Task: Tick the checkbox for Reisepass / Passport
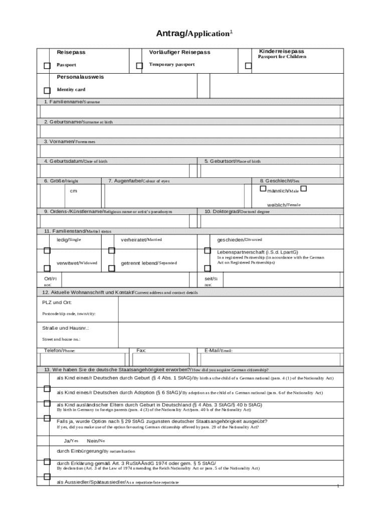tap(47, 66)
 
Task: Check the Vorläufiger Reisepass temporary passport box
tap(139, 66)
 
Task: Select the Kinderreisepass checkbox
tap(248, 66)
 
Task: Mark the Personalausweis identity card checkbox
tap(47, 91)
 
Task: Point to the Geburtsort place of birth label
tap(232, 161)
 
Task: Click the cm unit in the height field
tap(73, 191)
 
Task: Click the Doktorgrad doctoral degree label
tap(237, 211)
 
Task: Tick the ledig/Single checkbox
tap(47, 250)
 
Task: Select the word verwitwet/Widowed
tap(77, 263)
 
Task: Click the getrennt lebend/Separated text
tap(148, 263)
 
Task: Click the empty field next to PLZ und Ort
tap(231, 309)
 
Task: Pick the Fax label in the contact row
tap(141, 351)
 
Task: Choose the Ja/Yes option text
tap(71, 441)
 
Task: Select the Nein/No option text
tap(96, 441)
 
